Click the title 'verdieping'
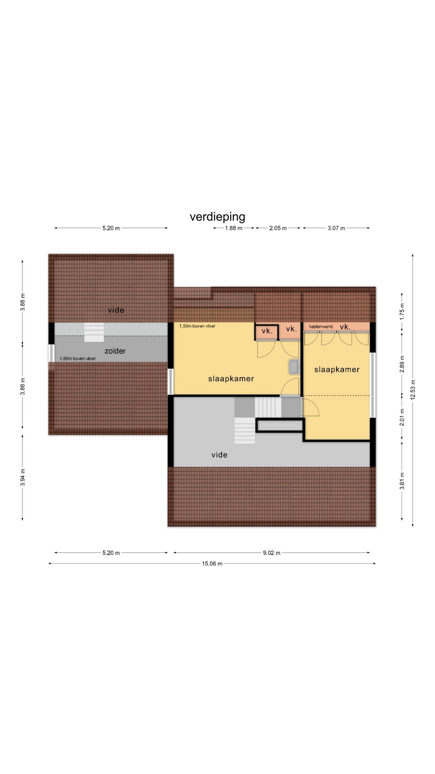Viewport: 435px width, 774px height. (217, 217)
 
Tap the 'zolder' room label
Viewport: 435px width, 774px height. (115, 351)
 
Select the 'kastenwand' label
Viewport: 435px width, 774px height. (321, 327)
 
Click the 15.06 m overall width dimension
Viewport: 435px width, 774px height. (212, 564)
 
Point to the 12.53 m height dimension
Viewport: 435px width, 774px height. (413, 390)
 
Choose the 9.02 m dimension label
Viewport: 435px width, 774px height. (271, 553)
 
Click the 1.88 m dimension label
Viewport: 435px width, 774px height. (234, 228)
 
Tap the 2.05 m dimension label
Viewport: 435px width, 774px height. (278, 228)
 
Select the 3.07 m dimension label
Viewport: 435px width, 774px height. (336, 228)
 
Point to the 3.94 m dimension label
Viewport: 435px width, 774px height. (23, 477)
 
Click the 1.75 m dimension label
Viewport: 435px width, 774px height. (402, 311)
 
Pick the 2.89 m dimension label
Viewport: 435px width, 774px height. (402, 364)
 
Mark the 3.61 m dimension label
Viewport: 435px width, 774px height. (402, 481)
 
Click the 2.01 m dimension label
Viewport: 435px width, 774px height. (402, 417)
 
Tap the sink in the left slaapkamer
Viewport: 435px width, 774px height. (294, 366)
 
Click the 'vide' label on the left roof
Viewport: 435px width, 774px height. (116, 310)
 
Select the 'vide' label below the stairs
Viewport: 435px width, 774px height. (220, 455)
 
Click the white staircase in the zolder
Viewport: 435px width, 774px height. (94, 332)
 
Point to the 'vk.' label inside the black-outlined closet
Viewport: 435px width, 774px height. (267, 331)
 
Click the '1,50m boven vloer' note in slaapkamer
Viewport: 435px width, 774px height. (197, 326)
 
